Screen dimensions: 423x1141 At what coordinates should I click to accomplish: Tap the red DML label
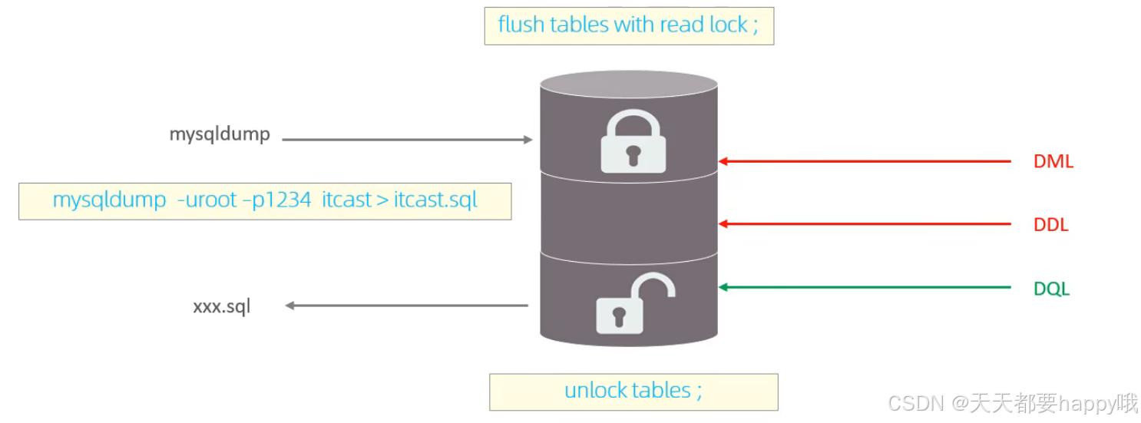[1053, 162]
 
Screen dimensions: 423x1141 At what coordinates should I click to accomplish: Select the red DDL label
[1051, 225]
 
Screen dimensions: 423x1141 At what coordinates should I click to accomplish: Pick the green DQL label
[1051, 289]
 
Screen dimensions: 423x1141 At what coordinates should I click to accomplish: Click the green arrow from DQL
[864, 288]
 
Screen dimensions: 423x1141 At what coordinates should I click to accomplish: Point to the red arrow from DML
[864, 161]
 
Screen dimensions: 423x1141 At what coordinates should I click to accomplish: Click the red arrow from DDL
[864, 224]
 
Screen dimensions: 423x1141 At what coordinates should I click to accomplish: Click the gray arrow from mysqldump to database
[407, 140]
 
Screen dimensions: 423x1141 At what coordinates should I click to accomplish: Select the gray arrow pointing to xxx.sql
[407, 306]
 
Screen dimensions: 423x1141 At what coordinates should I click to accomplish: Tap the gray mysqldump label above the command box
[220, 134]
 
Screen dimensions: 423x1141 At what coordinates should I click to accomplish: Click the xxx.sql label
[221, 307]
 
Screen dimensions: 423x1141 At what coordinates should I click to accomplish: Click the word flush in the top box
[519, 25]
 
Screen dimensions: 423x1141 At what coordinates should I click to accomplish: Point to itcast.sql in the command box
[435, 200]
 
